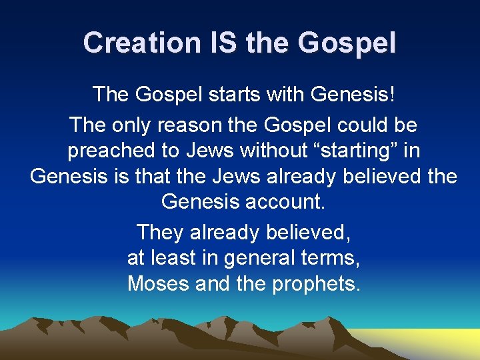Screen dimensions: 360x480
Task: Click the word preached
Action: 109,150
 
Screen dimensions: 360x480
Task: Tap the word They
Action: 160,233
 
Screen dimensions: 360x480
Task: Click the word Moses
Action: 159,283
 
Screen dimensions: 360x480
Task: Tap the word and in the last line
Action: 213,283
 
